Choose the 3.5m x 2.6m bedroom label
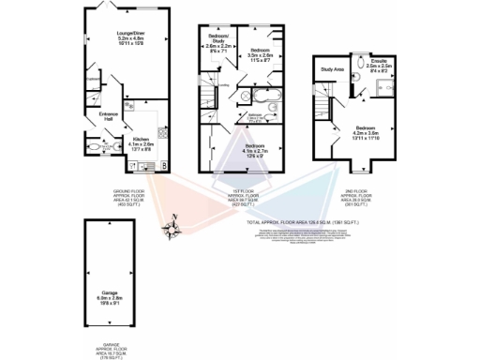[x=260, y=54]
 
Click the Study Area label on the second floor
[x=330, y=69]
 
